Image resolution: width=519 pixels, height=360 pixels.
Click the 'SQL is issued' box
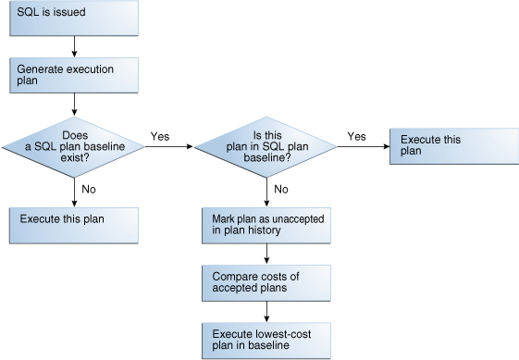(73, 19)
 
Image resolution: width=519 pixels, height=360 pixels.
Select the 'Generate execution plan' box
(73, 76)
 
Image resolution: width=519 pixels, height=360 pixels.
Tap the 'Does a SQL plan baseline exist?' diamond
(73, 145)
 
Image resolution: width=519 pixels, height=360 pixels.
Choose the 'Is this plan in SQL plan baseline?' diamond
(267, 145)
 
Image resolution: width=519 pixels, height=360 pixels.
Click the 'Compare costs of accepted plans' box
(267, 282)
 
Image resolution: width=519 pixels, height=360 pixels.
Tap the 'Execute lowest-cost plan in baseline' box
(267, 340)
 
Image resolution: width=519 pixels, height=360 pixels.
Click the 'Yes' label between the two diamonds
(160, 136)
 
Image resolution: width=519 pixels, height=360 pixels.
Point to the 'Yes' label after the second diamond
(356, 136)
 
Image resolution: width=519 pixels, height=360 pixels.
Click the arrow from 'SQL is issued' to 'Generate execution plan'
(73, 46)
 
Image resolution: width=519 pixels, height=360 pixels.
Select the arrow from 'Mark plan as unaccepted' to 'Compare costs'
(267, 254)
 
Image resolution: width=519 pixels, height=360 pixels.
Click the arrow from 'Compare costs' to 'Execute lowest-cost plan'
(267, 311)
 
